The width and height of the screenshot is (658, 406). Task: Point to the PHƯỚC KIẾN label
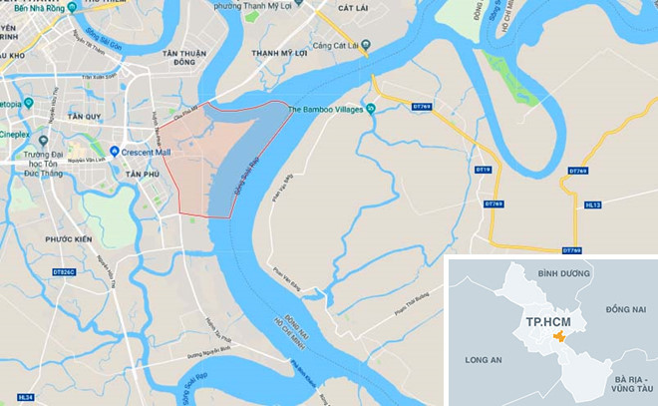click(x=68, y=239)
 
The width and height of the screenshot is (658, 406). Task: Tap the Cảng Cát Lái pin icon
click(x=366, y=43)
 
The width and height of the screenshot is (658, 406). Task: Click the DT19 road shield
click(x=484, y=170)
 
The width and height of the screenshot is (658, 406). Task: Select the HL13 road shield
click(x=593, y=204)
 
